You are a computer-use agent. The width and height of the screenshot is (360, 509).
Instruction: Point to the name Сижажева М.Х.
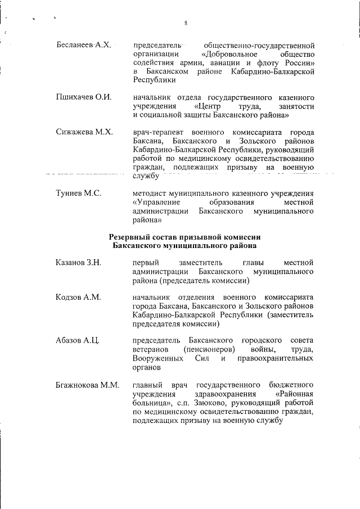pyautogui.click(x=84, y=132)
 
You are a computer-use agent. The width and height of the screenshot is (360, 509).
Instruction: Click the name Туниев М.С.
pyautogui.click(x=78, y=193)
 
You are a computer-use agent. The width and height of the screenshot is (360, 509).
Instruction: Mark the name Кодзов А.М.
pyautogui.click(x=78, y=297)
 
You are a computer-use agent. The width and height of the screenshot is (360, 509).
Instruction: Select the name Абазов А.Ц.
pyautogui.click(x=78, y=341)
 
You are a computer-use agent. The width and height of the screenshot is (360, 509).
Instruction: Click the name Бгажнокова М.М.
pyautogui.click(x=88, y=385)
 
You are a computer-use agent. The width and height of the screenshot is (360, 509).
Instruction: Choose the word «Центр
pyautogui.click(x=208, y=106)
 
